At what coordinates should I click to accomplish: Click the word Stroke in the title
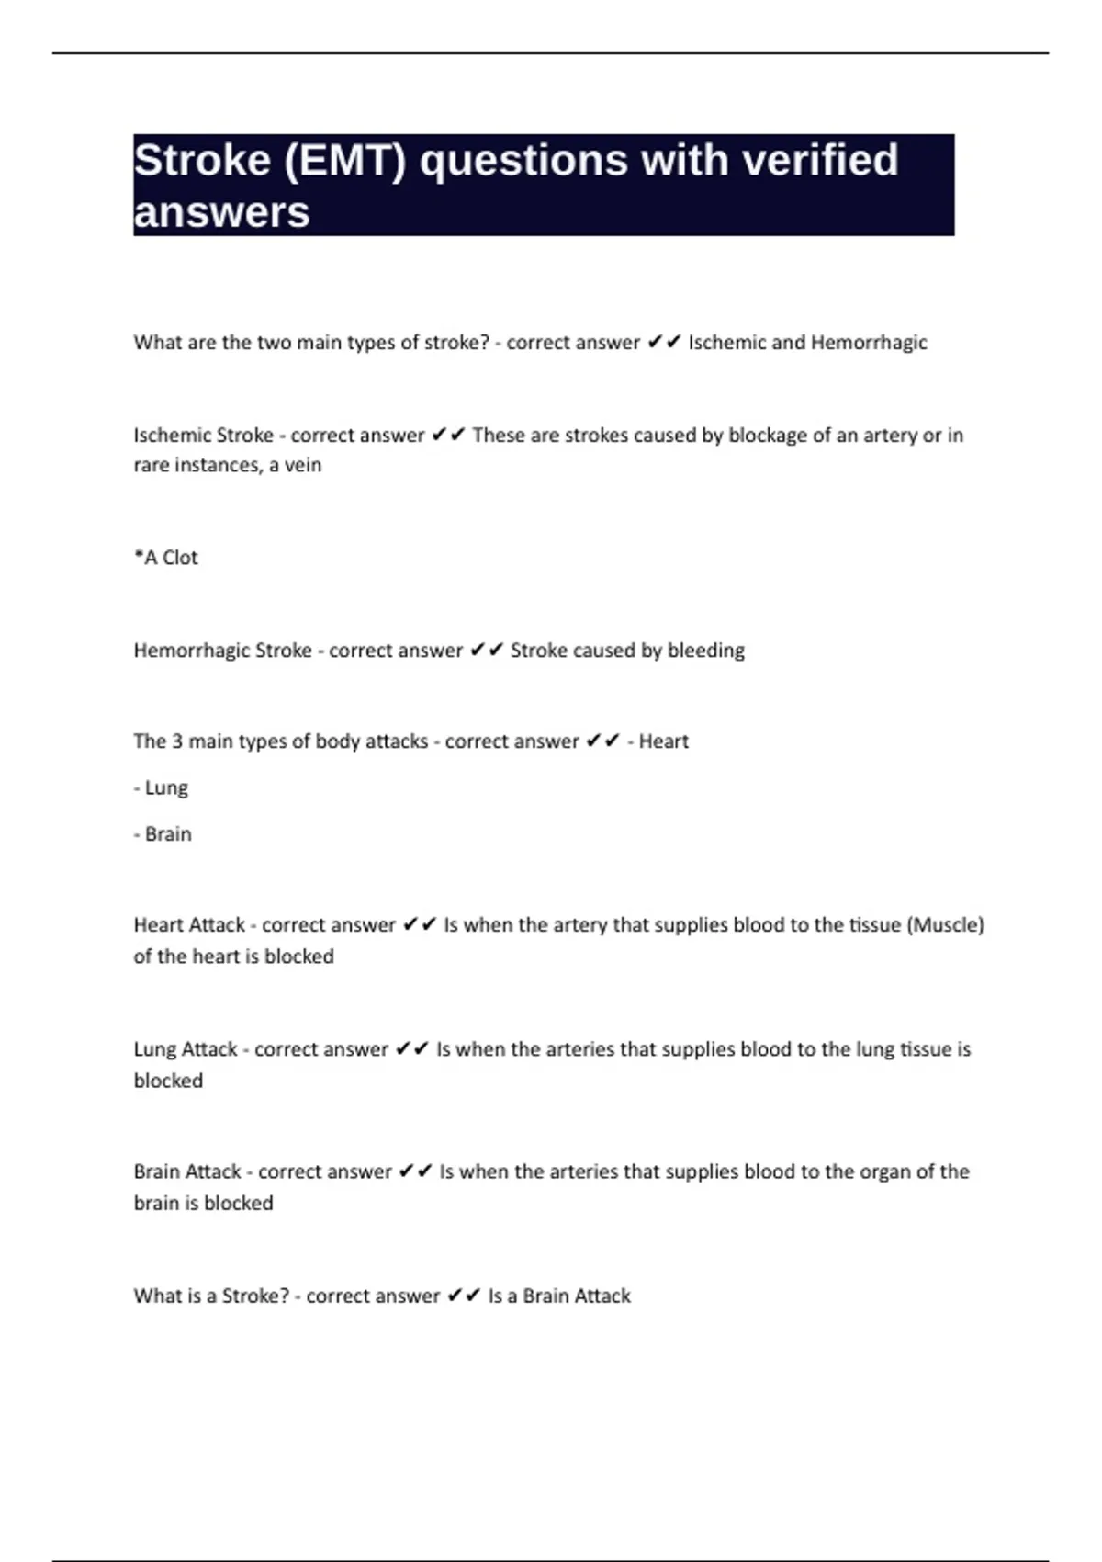tap(202, 161)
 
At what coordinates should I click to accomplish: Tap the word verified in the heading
tap(820, 161)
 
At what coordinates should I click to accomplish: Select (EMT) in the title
tap(345, 161)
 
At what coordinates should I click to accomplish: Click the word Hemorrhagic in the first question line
tap(869, 343)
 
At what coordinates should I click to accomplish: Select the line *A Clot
tap(166, 558)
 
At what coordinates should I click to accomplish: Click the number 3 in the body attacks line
tap(177, 741)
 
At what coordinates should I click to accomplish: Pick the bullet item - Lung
tap(161, 788)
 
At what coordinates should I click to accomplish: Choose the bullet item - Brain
tap(163, 834)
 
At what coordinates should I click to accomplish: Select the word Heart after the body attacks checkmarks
tap(663, 741)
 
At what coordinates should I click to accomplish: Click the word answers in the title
tap(221, 212)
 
